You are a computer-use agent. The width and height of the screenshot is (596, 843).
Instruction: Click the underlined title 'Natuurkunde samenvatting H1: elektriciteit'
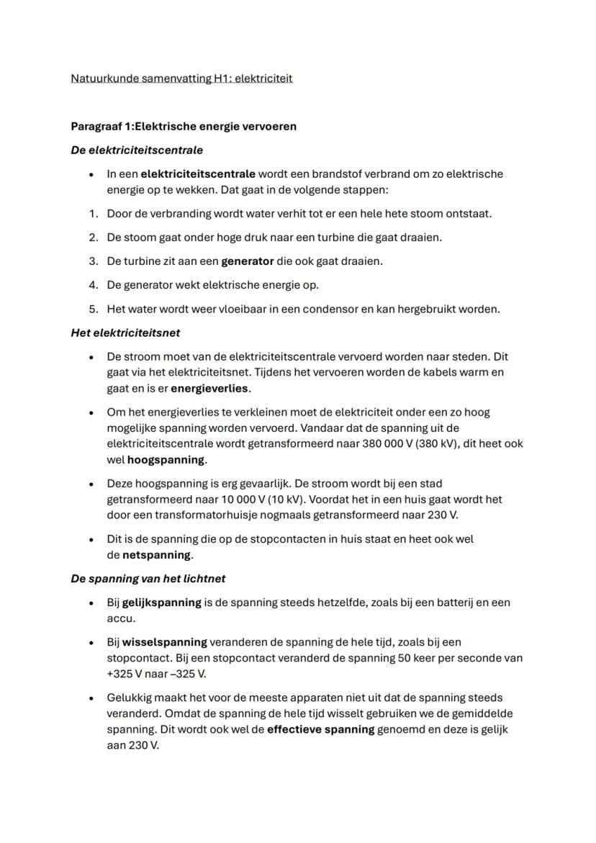(x=181, y=78)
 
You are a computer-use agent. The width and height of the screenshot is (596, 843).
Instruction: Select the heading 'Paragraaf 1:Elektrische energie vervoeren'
(x=184, y=126)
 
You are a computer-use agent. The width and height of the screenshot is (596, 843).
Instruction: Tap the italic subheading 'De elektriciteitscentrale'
(x=137, y=150)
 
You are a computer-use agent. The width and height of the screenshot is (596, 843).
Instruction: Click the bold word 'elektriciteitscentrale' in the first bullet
(x=198, y=173)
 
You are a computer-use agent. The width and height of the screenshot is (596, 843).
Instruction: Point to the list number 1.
(x=93, y=213)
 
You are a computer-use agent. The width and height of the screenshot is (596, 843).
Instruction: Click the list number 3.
(x=93, y=261)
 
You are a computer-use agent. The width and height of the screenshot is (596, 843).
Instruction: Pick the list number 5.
(x=93, y=309)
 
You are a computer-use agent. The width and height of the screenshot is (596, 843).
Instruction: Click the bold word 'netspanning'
(x=157, y=555)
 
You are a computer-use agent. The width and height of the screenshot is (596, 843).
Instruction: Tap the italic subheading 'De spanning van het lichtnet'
(x=148, y=578)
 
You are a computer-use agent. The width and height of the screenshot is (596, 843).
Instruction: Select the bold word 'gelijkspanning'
(x=162, y=602)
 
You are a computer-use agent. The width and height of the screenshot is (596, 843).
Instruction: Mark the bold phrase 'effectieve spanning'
(x=321, y=729)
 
